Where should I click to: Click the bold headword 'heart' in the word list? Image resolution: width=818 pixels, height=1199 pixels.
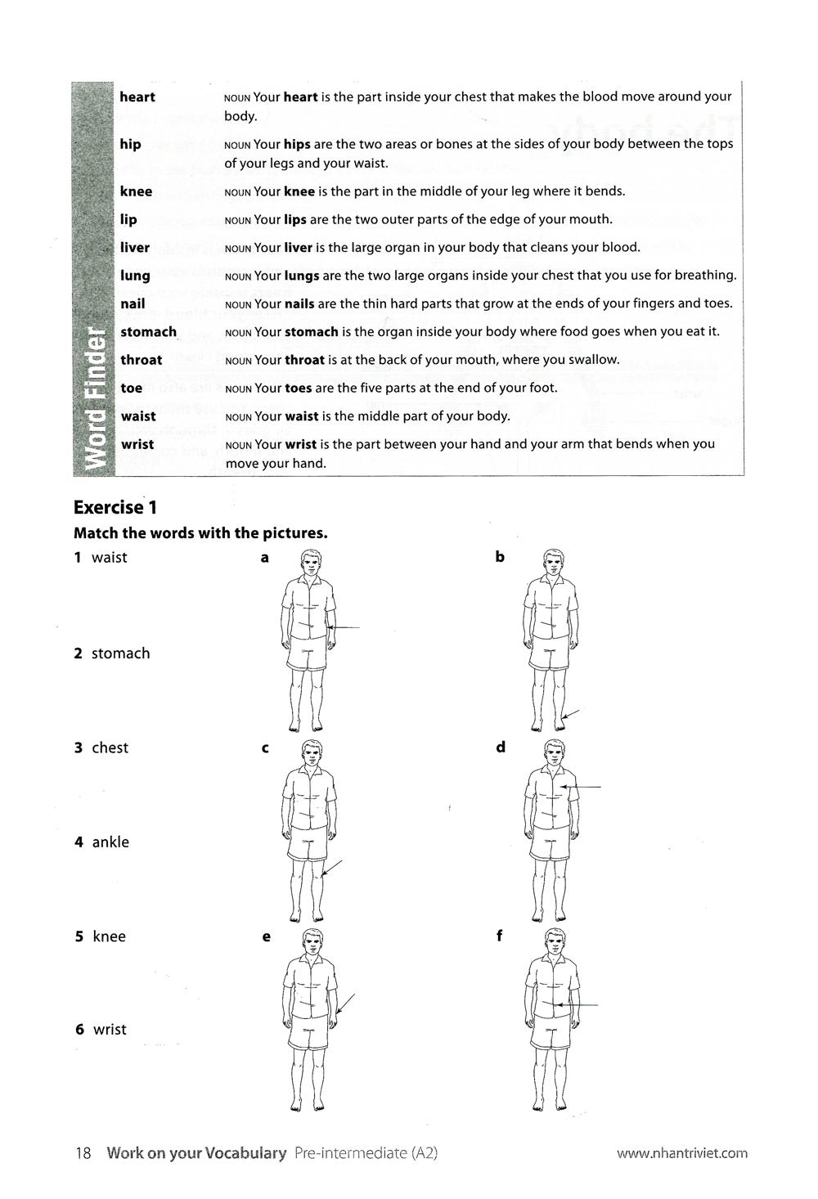pyautogui.click(x=137, y=97)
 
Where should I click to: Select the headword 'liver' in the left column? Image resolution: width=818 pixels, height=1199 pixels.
pyautogui.click(x=135, y=248)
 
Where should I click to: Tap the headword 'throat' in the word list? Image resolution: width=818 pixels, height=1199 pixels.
pyautogui.click(x=142, y=360)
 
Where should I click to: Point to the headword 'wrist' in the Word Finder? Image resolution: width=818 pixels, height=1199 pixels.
pyautogui.click(x=137, y=444)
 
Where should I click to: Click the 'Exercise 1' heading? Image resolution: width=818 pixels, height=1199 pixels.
pyautogui.click(x=115, y=507)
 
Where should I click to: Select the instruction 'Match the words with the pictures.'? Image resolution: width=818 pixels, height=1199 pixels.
pyautogui.click(x=200, y=533)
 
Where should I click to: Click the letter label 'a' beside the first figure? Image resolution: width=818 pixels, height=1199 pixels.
pyautogui.click(x=264, y=558)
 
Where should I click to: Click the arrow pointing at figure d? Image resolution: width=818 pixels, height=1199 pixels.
pyautogui.click(x=582, y=787)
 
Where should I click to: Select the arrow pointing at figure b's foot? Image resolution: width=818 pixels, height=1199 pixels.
pyautogui.click(x=570, y=716)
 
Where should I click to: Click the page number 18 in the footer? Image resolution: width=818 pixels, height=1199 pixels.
pyautogui.click(x=83, y=1153)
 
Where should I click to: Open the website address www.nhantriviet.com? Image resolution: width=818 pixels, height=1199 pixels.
pyautogui.click(x=681, y=1154)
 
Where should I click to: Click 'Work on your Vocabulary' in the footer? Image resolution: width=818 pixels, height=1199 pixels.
pyautogui.click(x=196, y=1153)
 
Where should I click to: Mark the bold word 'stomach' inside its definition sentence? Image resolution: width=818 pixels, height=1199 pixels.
pyautogui.click(x=312, y=332)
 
